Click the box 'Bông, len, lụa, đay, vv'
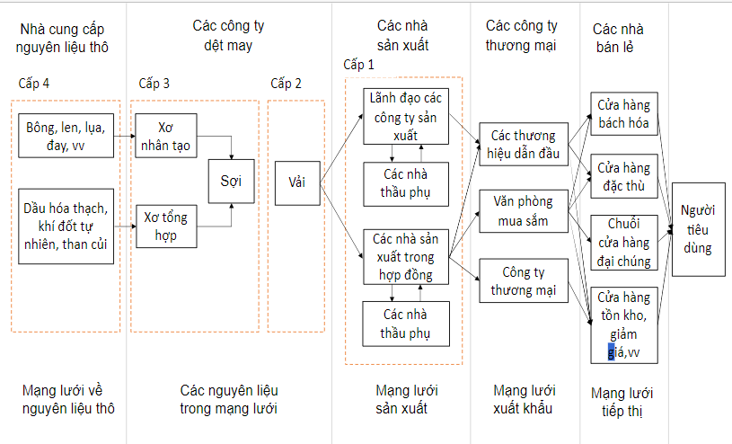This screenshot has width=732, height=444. [x=66, y=136]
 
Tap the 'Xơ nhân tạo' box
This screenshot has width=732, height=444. [x=166, y=136]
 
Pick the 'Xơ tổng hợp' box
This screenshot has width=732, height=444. [x=166, y=226]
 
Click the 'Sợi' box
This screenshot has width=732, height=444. [x=231, y=182]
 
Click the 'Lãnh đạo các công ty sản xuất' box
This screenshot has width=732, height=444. [x=407, y=115]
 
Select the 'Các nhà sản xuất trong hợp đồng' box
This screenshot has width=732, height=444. [x=407, y=256]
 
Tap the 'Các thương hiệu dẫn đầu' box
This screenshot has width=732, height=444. [x=524, y=145]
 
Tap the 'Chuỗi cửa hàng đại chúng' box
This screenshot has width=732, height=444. [x=624, y=242]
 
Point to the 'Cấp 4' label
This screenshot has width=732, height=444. [x=34, y=84]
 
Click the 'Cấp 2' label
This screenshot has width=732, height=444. [x=286, y=84]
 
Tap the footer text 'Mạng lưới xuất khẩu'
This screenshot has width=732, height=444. [x=525, y=399]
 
